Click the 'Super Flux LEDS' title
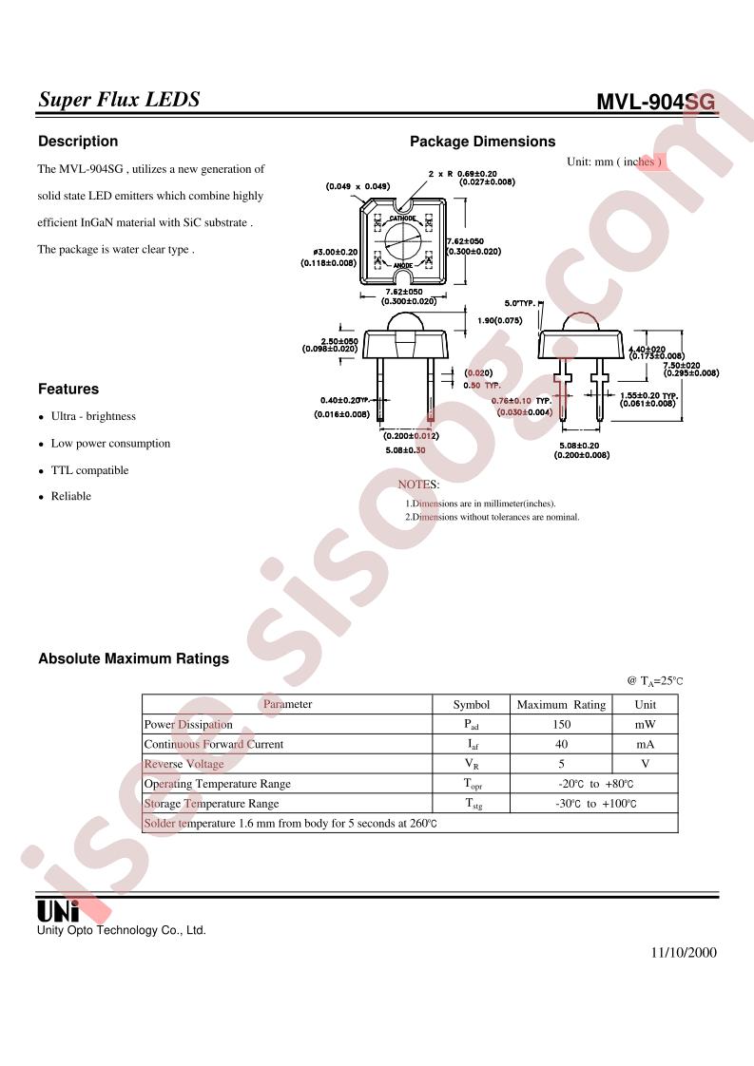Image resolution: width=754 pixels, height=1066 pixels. [x=119, y=100]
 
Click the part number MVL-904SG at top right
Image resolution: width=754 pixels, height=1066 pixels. [x=655, y=103]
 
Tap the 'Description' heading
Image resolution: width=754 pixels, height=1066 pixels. [x=78, y=142]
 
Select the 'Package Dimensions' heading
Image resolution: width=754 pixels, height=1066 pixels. [x=482, y=142]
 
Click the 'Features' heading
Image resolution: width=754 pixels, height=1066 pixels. [x=68, y=389]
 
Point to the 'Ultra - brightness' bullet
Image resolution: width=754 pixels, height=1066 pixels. [x=93, y=416]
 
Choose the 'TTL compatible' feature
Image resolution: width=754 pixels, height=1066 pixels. [x=89, y=470]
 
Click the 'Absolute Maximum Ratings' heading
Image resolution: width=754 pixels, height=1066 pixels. [x=133, y=658]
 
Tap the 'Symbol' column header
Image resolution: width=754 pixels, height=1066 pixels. [x=471, y=705]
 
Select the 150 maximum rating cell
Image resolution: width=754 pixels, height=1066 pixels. [x=560, y=725]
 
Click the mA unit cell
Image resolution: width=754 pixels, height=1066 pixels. [x=645, y=745]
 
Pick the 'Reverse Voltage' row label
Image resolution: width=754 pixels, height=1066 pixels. [x=184, y=764]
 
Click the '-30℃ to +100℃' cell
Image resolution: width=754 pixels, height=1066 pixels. [x=595, y=804]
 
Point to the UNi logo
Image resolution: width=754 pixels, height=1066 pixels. [x=58, y=910]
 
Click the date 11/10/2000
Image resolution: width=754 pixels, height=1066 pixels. [x=684, y=953]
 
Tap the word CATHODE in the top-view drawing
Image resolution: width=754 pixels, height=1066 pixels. [x=402, y=218]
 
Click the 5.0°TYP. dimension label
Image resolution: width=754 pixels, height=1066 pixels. [x=521, y=303]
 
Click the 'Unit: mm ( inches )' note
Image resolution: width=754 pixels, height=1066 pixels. [x=613, y=162]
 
